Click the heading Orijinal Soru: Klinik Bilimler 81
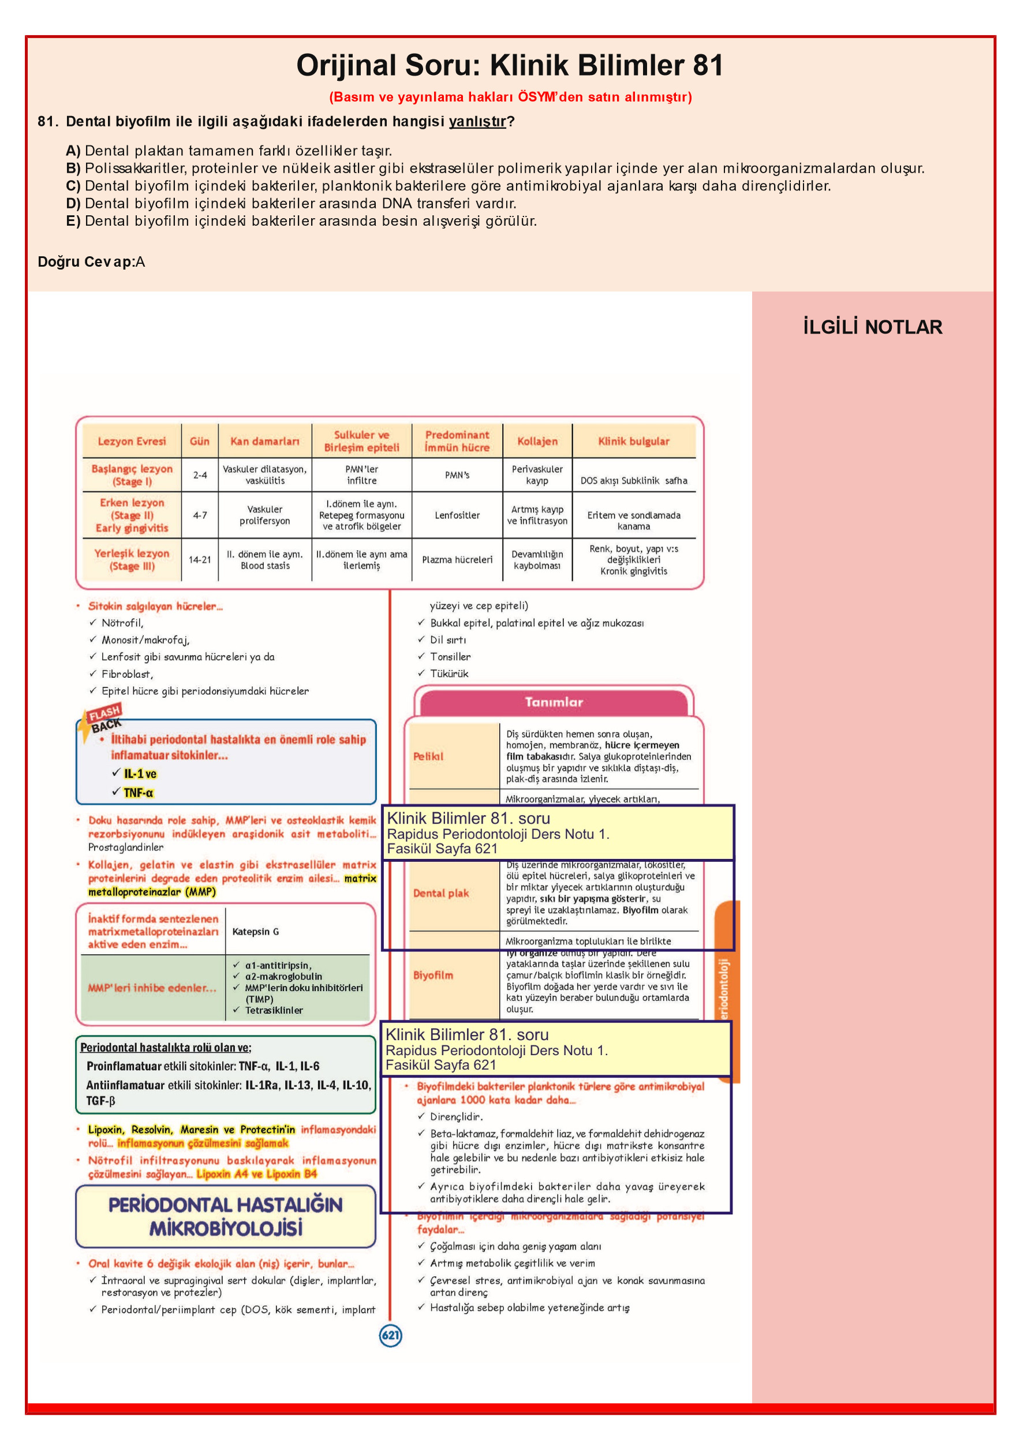click(x=510, y=66)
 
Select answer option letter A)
click(x=73, y=151)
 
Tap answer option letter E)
click(x=73, y=221)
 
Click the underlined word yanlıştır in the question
click(x=477, y=122)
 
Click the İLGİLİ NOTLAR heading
click(x=872, y=327)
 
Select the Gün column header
click(x=200, y=442)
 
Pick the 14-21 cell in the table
click(x=200, y=559)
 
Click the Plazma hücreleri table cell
click(x=457, y=559)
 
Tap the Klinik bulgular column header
click(x=634, y=442)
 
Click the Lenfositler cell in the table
click(x=457, y=515)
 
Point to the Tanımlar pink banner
click(x=554, y=702)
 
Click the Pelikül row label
click(x=428, y=757)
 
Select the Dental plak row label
click(x=441, y=893)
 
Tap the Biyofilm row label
click(x=433, y=975)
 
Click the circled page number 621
click(x=390, y=1335)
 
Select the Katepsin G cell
click(x=255, y=932)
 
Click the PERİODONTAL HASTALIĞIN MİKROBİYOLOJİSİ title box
click(x=226, y=1216)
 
